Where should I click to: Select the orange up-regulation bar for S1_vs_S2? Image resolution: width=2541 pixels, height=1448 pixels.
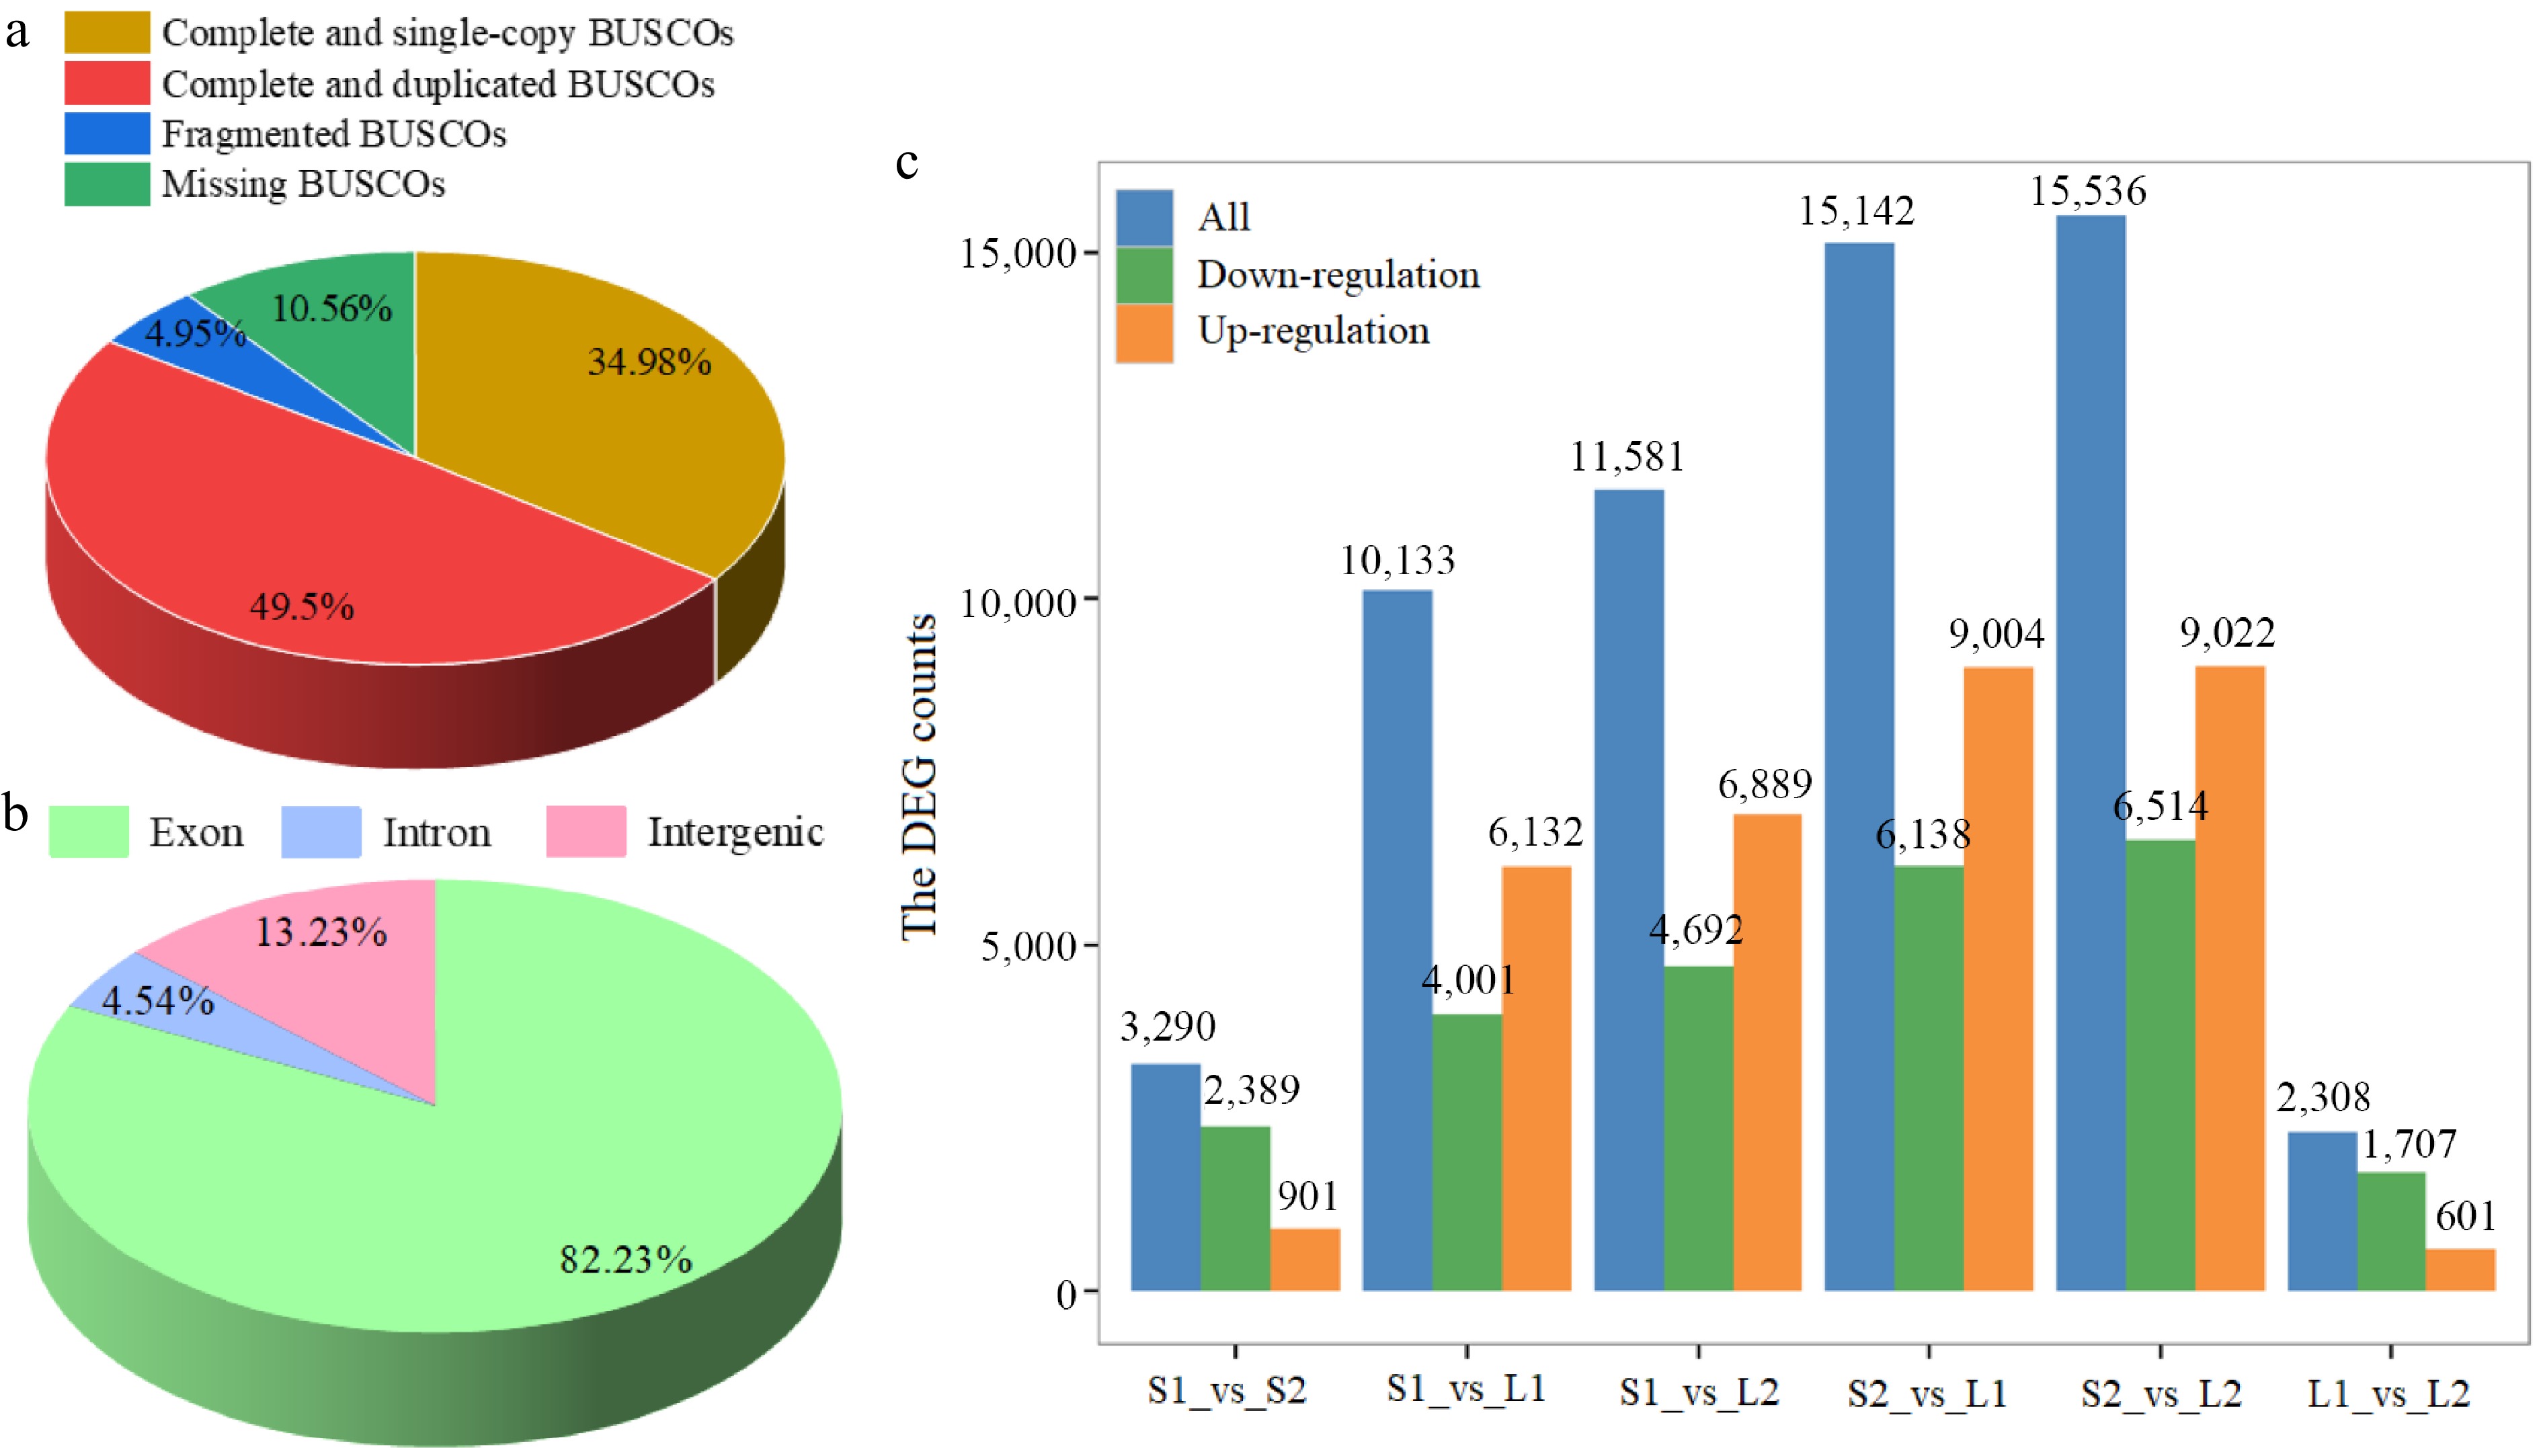pyautogui.click(x=1305, y=1259)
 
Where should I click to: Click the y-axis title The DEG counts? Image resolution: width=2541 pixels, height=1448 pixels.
pyautogui.click(x=919, y=776)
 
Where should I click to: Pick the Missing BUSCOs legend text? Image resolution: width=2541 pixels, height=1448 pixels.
pyautogui.click(x=303, y=184)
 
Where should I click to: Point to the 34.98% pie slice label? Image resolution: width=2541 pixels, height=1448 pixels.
pyautogui.click(x=649, y=362)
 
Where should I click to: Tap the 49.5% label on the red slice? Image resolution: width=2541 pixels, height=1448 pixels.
pyautogui.click(x=301, y=606)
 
